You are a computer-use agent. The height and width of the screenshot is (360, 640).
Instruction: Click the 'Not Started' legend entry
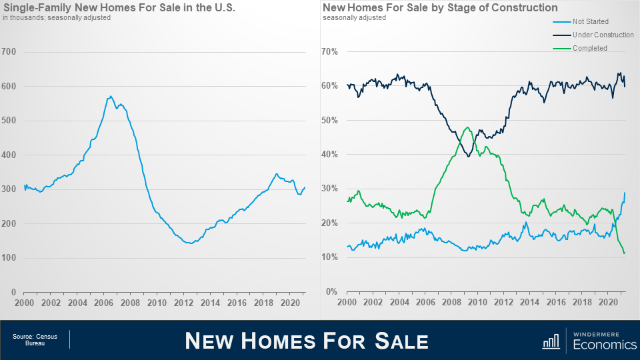pos(590,22)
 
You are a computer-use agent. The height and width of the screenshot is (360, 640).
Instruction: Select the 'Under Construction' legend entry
pos(603,35)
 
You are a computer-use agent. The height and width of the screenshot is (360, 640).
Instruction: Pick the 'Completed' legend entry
pos(589,48)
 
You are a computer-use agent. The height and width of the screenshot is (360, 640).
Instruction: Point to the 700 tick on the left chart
pos(9,52)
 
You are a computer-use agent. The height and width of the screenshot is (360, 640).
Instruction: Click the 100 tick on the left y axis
pos(9,258)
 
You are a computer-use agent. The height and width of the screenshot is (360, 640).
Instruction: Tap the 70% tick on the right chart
pos(331,52)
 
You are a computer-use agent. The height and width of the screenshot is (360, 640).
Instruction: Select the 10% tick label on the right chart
pos(331,258)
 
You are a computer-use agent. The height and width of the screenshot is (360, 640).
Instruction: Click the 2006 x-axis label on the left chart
pos(102,303)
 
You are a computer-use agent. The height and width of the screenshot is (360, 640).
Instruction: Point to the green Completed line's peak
pos(467,127)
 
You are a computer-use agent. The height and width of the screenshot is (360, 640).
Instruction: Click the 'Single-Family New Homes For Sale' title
pos(119,8)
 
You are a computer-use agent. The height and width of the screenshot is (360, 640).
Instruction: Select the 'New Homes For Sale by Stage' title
pos(440,8)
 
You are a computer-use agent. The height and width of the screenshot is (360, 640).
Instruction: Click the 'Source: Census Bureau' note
pos(35,340)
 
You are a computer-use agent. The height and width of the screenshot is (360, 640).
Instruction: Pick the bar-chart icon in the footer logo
pos(551,341)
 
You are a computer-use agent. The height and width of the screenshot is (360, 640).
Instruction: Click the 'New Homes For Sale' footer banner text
pos(306,341)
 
